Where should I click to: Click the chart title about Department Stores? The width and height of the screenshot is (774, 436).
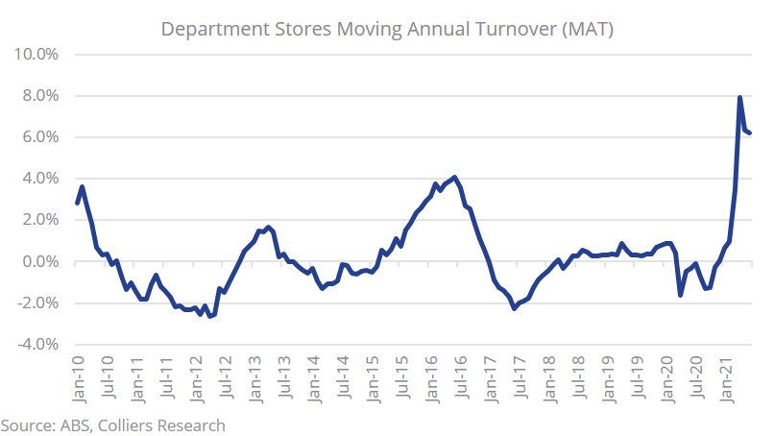coord(387,29)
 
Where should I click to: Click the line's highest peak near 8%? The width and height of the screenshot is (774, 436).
coord(739,97)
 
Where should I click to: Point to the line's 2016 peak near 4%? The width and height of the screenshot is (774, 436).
coord(454,177)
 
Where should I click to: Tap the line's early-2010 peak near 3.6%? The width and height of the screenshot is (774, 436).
coord(83,186)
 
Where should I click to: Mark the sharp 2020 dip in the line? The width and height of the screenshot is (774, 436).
coord(681,294)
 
